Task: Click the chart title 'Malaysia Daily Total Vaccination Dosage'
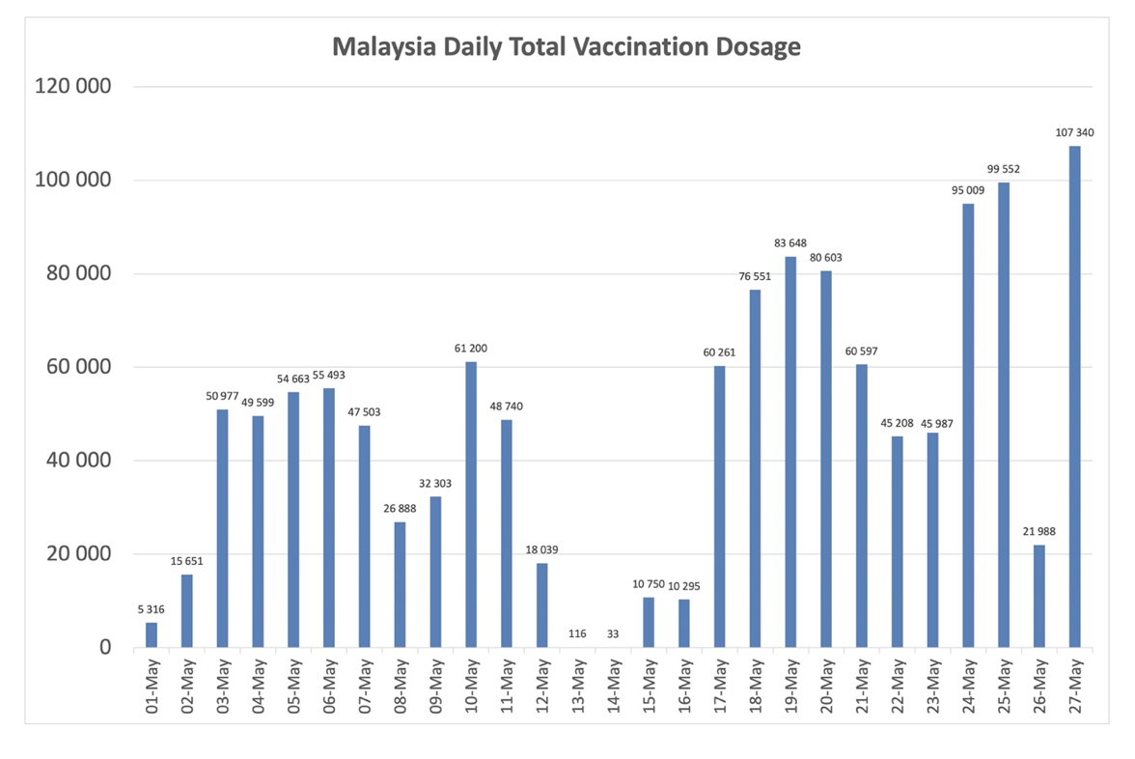(567, 46)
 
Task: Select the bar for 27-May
(1074, 396)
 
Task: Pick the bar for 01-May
(152, 634)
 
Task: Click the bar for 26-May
(1038, 596)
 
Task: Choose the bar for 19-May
(790, 451)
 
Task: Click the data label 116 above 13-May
(576, 632)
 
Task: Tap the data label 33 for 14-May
(613, 632)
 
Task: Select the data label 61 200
(471, 348)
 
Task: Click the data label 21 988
(1038, 531)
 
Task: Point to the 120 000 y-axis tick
(73, 87)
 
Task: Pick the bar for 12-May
(542, 604)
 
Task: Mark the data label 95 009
(968, 190)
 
